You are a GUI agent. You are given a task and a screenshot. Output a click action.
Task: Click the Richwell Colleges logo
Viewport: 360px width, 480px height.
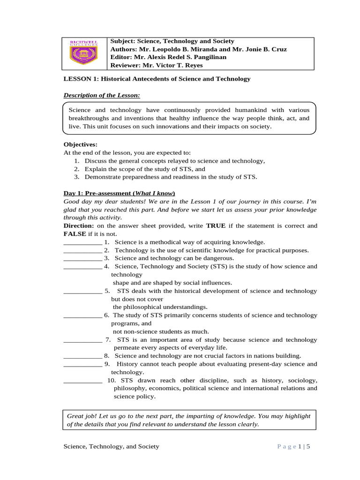point(84,53)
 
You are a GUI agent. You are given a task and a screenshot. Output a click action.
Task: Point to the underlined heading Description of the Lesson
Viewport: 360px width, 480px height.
point(102,96)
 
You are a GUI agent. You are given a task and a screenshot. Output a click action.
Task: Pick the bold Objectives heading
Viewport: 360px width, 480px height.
point(80,144)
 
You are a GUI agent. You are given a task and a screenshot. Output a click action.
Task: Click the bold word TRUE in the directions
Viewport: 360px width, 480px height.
point(216,225)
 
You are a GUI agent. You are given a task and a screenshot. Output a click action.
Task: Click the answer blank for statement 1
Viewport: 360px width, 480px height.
point(82,242)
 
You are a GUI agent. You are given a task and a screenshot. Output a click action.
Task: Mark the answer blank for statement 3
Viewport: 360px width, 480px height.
point(82,258)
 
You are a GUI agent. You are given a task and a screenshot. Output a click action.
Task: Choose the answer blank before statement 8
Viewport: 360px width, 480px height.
point(82,356)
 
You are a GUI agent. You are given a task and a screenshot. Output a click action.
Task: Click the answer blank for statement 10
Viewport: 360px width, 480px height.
point(82,380)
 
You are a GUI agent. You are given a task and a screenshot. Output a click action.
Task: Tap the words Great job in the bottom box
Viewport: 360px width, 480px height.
point(80,416)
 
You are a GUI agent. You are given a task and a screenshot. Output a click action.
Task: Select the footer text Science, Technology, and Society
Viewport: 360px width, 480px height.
point(111,447)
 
